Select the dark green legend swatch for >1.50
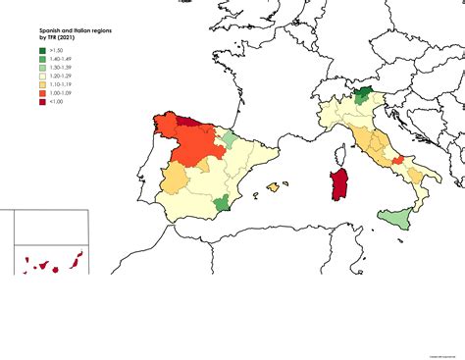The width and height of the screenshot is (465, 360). tap(42, 49)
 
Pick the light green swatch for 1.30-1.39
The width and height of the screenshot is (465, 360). tap(42, 67)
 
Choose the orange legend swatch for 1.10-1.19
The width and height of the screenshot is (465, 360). tap(42, 84)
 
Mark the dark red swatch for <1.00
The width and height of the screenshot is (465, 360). tap(42, 102)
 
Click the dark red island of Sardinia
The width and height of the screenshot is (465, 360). tap(340, 185)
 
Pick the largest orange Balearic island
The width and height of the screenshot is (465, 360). tap(276, 185)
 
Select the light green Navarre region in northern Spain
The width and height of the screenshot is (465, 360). tap(228, 139)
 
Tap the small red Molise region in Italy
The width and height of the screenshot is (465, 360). tap(397, 162)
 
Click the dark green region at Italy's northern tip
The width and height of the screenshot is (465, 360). tap(363, 94)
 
